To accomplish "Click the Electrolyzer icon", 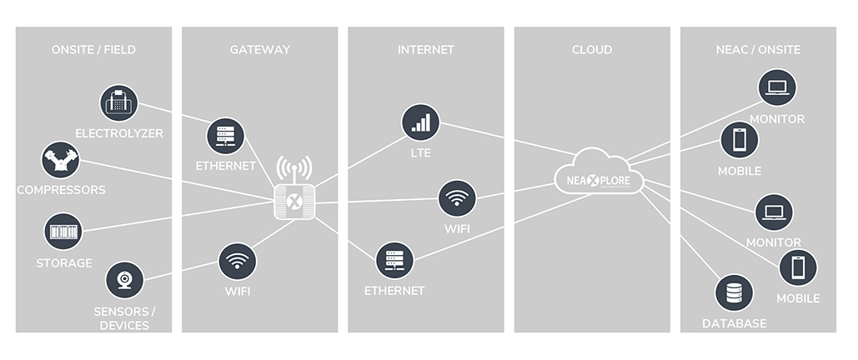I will [119, 103].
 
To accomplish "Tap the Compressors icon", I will [60, 160].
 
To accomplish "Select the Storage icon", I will [63, 231].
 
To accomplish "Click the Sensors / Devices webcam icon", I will [124, 280].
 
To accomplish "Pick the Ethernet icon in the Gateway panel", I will [226, 136].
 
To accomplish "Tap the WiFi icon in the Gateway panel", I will [237, 262].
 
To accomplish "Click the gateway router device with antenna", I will [294, 197].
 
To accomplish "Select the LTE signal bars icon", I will [421, 122].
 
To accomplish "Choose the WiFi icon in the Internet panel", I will [458, 199].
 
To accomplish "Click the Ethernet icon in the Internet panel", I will [394, 261].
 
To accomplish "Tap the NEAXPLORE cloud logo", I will [599, 175].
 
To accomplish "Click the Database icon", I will [734, 293].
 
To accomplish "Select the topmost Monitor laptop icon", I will [777, 87].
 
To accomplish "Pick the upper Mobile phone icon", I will [740, 139].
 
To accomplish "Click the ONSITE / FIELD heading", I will [93, 50].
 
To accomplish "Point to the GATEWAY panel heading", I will [260, 50].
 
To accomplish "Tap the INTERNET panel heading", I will [426, 50].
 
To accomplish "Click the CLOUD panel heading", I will [592, 50].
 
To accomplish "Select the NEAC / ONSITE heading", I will [758, 50].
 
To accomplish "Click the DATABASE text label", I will [734, 323].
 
